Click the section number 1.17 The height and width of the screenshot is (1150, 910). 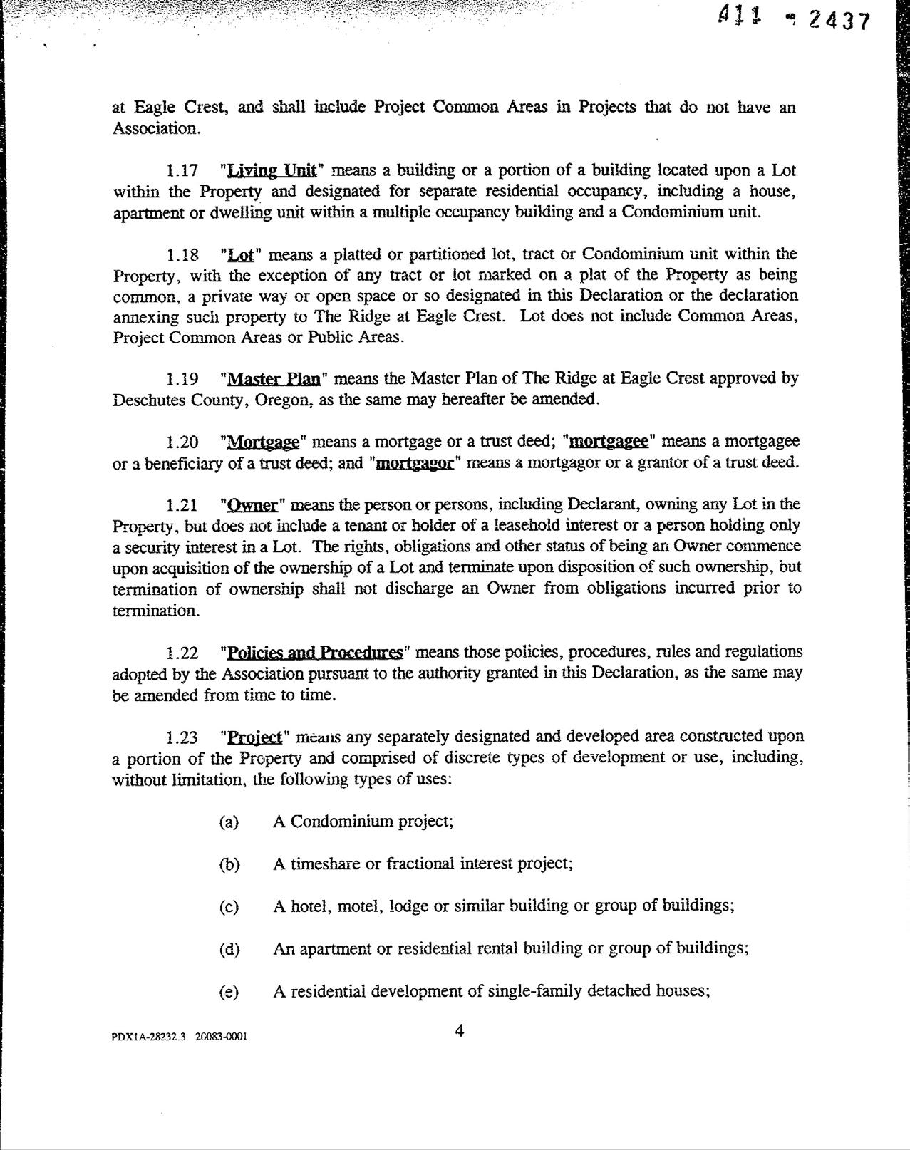[182, 171]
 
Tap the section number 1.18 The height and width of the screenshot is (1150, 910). [182, 255]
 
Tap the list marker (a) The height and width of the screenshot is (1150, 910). [229, 822]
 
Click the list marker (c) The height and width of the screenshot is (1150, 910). [229, 907]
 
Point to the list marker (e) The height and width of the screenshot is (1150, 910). [229, 992]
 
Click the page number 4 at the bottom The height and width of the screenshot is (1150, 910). [460, 1030]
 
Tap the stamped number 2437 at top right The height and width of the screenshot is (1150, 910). [839, 21]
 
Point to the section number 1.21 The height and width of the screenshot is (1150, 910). [182, 506]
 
